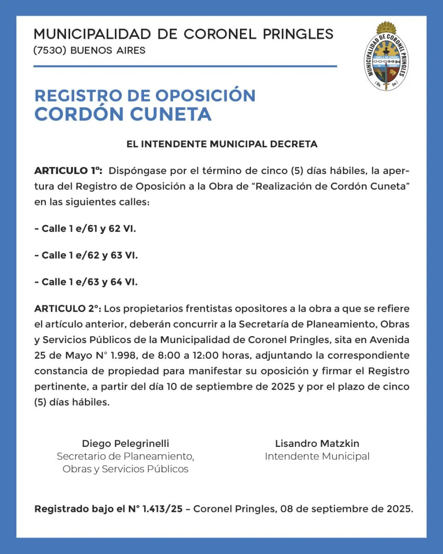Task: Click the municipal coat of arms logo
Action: [387, 57]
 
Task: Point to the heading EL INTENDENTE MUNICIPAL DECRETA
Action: [222, 144]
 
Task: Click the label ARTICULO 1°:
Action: [68, 171]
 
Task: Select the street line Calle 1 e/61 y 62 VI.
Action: [85, 229]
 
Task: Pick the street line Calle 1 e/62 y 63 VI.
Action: [86, 255]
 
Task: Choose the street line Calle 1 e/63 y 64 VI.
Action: [86, 282]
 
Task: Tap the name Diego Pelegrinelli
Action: [126, 444]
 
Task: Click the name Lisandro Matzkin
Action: [317, 444]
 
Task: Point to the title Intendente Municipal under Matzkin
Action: [317, 457]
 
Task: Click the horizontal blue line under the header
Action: [185, 66]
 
